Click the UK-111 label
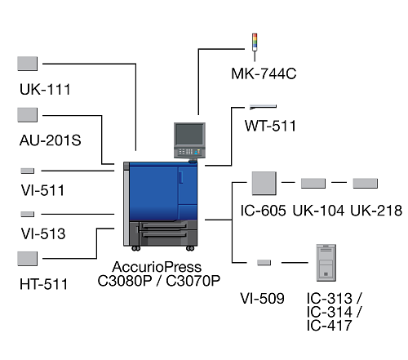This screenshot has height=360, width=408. [x=45, y=89]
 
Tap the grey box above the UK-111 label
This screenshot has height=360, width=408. [x=28, y=64]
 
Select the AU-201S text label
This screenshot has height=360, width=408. [x=51, y=140]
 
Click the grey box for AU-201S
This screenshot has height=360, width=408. [x=28, y=115]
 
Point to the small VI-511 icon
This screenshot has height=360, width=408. [x=28, y=171]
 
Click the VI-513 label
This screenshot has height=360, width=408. [x=43, y=233]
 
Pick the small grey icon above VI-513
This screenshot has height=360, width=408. [x=28, y=214]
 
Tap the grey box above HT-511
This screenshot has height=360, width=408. [x=28, y=259]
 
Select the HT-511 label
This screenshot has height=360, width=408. [x=43, y=284]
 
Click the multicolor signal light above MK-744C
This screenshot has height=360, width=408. [x=255, y=42]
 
